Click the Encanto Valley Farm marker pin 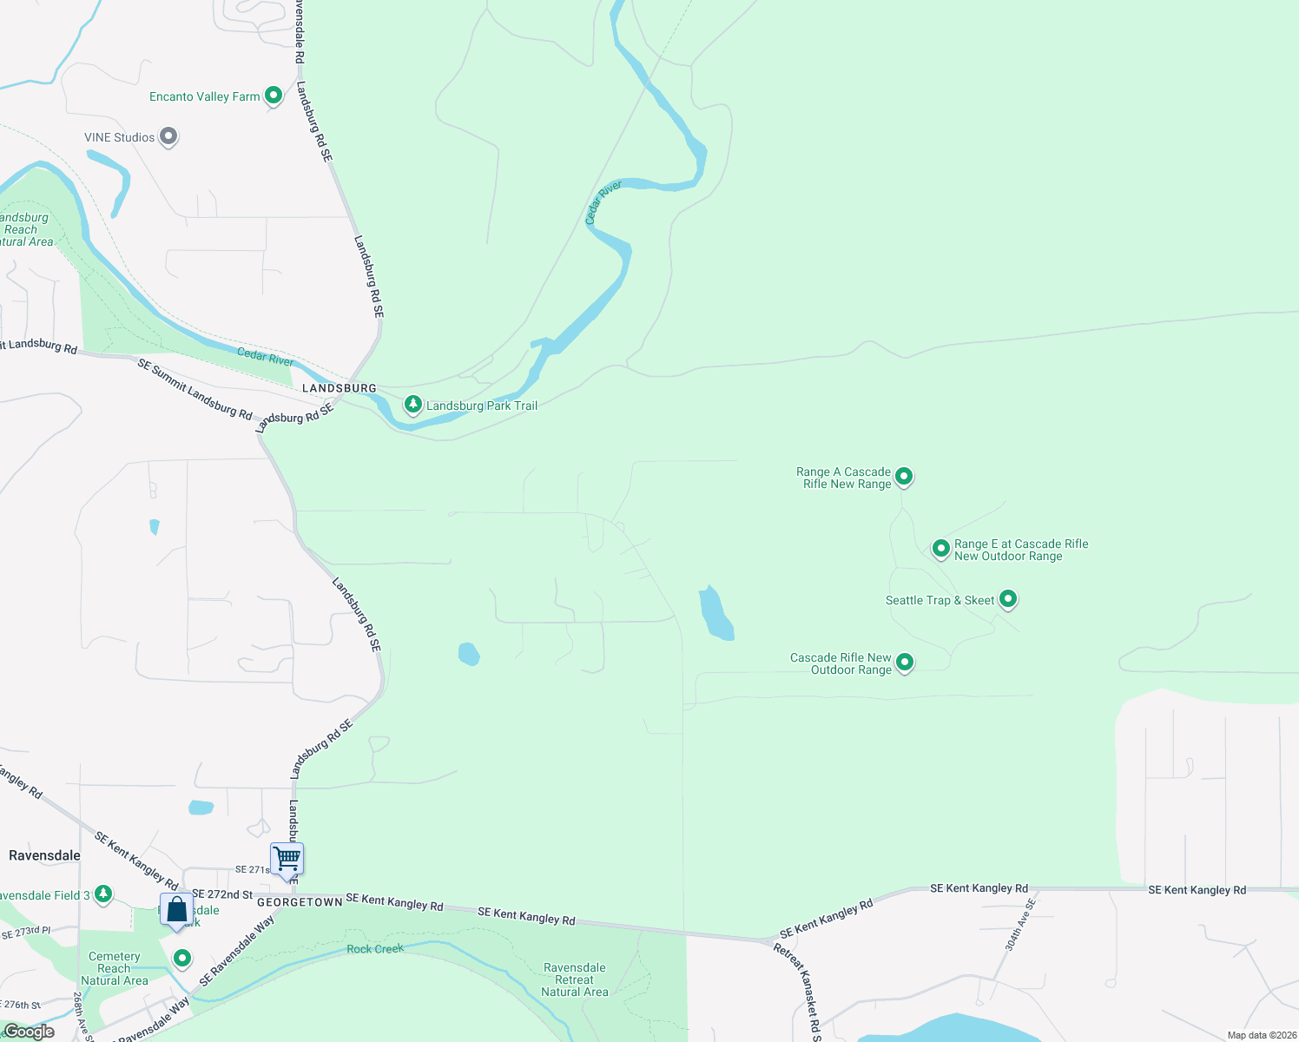[274, 96]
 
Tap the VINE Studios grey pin [168, 136]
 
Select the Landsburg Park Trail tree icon [413, 405]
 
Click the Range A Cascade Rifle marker [904, 476]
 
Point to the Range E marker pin [940, 548]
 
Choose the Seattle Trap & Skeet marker [1008, 599]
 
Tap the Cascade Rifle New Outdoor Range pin [904, 663]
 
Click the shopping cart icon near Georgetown [287, 859]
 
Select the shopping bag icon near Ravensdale [176, 909]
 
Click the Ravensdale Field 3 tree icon [103, 894]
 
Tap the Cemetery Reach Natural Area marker [182, 959]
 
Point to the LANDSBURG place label [339, 388]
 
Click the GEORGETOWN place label [300, 902]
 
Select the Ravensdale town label [44, 855]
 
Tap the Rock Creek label [375, 949]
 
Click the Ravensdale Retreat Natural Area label [574, 979]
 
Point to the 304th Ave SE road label [1020, 926]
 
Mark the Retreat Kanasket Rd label [796, 990]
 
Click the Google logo [29, 1032]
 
